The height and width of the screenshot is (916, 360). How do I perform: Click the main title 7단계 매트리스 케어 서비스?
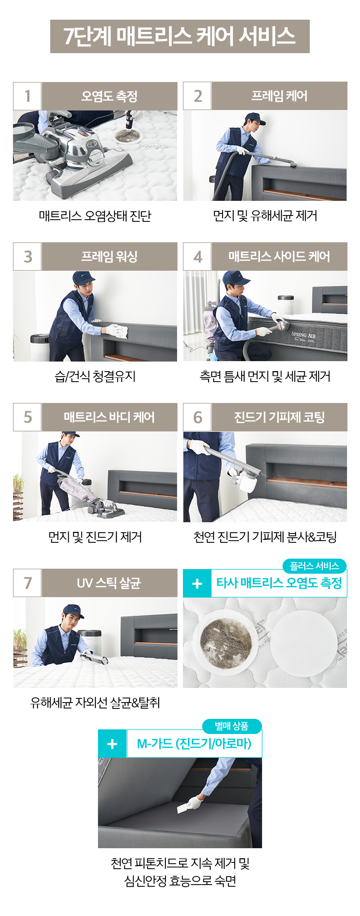180,36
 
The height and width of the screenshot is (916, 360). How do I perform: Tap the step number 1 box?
27,96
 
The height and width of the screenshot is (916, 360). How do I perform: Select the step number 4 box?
197,257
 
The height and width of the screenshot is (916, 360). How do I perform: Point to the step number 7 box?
27,583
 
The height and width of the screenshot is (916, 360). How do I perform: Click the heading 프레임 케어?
279,96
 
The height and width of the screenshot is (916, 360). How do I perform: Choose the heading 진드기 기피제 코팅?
279,417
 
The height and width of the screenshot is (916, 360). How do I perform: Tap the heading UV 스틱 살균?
109,583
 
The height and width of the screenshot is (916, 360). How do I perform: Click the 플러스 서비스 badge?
314,566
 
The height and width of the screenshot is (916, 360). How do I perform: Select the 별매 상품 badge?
232,726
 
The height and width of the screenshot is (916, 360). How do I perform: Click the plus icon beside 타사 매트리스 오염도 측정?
197,583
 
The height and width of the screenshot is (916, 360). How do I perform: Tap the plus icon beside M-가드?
112,744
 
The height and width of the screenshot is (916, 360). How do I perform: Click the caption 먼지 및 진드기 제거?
95,537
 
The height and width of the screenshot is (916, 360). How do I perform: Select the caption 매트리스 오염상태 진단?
95,216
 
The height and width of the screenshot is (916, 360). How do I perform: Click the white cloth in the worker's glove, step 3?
118,331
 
